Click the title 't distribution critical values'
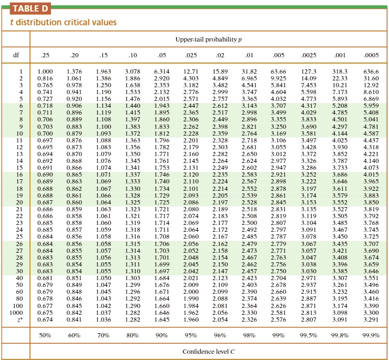[60, 23]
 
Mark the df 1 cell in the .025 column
[191, 71]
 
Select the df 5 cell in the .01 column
[249, 98]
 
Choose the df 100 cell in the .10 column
[132, 305]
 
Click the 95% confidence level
[191, 335]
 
